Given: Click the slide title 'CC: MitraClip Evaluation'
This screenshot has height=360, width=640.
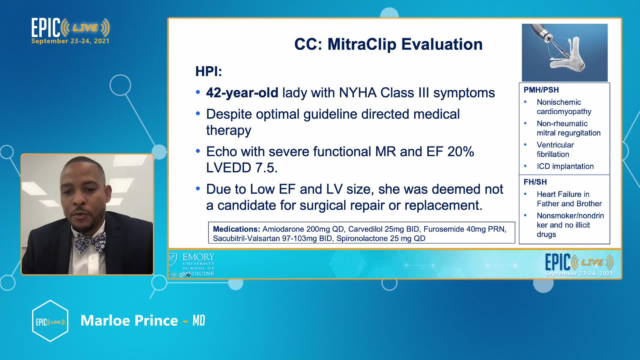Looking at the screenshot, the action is coord(388,44).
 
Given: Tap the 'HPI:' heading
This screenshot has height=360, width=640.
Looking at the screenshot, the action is coord(209,71).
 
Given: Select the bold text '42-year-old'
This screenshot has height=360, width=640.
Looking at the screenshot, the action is coord(242,93).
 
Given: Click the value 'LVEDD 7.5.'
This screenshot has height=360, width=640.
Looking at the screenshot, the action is coord(242,168).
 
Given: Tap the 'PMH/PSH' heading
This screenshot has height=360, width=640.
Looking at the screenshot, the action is coord(541,90).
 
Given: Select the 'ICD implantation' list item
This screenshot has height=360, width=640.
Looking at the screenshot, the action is coord(565,166).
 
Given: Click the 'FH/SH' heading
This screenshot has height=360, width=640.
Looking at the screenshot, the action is coord(535,182).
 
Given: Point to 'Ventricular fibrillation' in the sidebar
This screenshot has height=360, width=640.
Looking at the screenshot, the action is coord(555,150).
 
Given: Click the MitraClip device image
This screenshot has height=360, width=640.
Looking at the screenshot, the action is coord(565,52).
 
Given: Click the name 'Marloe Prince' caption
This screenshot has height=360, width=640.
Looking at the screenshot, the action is coord(129,320).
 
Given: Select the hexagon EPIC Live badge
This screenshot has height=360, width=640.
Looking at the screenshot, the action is coord(50,321).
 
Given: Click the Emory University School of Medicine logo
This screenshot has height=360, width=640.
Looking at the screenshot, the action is coord(192,265).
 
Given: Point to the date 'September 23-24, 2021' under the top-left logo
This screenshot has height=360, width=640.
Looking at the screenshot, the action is coord(70,41).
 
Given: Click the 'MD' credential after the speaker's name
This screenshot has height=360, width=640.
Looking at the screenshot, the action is coord(199,321).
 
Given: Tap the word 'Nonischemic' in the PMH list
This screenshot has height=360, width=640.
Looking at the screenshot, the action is coord(559,102).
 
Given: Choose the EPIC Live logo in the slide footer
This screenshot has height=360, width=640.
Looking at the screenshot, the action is coord(579,265).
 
